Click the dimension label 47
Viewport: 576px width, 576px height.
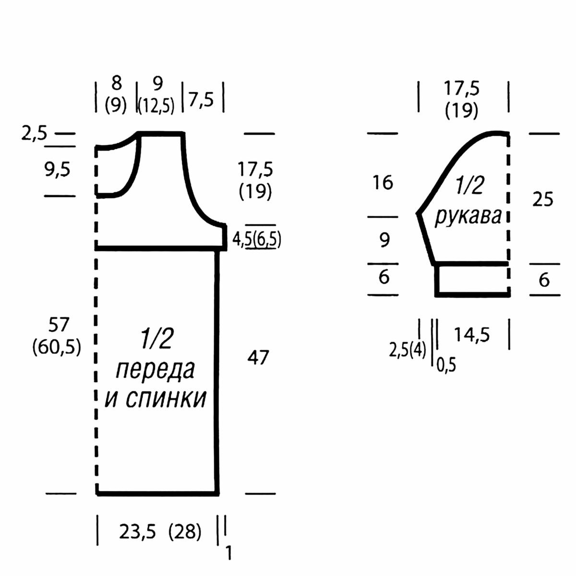(258, 357)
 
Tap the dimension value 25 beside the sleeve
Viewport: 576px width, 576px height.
(542, 200)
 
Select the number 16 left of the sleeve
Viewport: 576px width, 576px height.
(383, 182)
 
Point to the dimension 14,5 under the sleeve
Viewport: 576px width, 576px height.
(472, 335)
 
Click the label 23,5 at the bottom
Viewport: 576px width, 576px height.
(137, 532)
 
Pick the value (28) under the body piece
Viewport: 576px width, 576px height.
(185, 532)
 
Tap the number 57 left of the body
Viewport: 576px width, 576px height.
(59, 325)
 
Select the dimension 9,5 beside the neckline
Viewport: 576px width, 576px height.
(58, 170)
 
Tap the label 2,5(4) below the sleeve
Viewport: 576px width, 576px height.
(408, 350)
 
